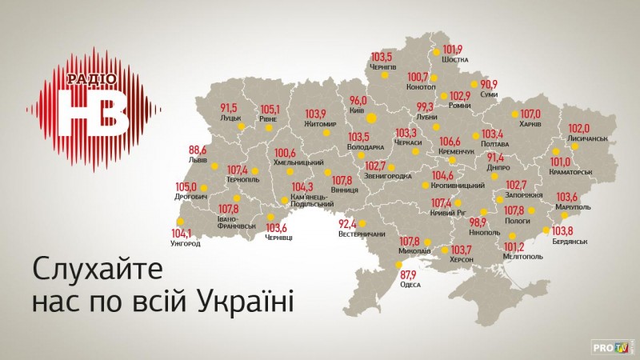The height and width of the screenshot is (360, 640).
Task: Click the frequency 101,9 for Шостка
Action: [x=453, y=47]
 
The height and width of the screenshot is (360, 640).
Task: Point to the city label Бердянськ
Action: [x=570, y=241]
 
